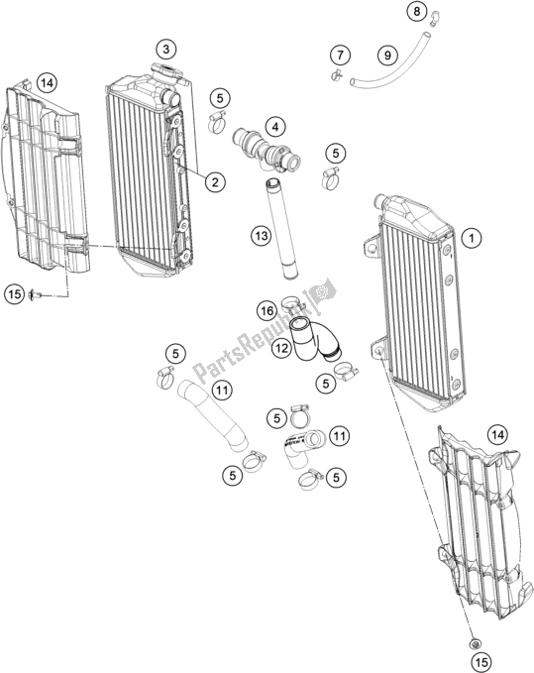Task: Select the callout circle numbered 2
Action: tap(214, 181)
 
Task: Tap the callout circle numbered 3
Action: tap(166, 48)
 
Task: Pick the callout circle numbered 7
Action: tap(340, 54)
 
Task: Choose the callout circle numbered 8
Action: tap(417, 12)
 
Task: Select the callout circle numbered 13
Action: tap(261, 236)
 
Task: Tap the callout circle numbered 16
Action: tap(267, 311)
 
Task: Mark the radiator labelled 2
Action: tap(149, 168)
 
